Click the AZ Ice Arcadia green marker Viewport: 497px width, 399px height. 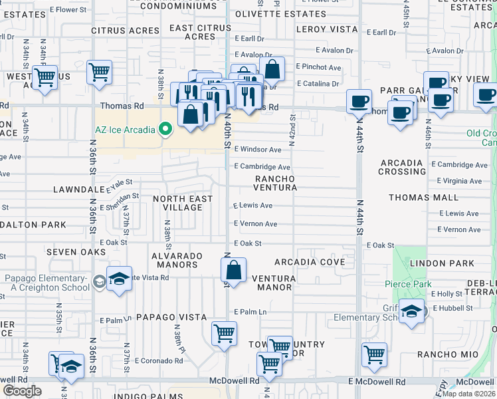[165, 129]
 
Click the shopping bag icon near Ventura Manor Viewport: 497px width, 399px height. [233, 269]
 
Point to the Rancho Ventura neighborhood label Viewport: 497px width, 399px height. [274, 184]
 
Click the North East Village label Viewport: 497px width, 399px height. [183, 203]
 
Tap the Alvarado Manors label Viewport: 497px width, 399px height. [174, 260]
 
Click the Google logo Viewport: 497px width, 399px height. [22, 391]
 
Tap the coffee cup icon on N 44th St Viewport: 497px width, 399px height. [359, 101]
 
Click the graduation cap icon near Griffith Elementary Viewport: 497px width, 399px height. [412, 311]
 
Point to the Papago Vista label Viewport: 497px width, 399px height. [171, 317]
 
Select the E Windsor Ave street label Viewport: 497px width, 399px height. [257, 150]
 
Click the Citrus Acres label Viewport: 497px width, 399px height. [126, 31]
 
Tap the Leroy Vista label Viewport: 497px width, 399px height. [327, 29]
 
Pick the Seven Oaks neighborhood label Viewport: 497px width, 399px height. [76, 253]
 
